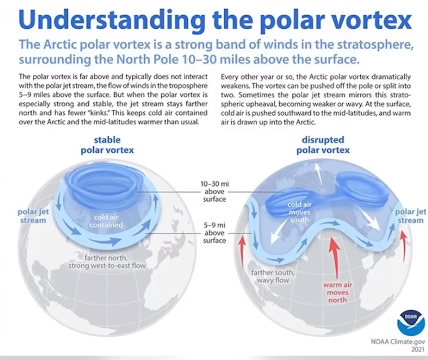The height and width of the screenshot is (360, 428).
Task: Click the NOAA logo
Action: point(411,323)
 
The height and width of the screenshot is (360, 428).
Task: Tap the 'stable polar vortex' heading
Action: point(107,145)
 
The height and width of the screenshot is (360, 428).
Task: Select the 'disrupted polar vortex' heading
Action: point(323,145)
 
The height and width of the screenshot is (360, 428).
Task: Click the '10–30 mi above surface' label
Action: point(214,192)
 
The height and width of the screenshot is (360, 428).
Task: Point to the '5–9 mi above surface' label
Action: point(214,232)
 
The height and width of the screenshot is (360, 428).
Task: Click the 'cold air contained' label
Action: point(106,221)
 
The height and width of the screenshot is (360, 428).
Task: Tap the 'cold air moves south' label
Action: point(300,212)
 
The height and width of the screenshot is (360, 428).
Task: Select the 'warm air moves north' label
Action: point(338,292)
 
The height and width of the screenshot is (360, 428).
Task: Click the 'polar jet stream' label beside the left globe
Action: point(33,216)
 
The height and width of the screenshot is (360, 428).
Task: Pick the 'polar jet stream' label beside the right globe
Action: point(410,216)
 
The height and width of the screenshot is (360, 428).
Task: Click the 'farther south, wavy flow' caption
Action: point(273,276)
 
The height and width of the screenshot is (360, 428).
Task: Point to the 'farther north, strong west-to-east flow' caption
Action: point(107,262)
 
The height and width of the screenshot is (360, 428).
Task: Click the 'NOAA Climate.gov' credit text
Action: point(397,341)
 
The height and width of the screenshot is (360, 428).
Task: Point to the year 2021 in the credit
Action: point(418,349)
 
